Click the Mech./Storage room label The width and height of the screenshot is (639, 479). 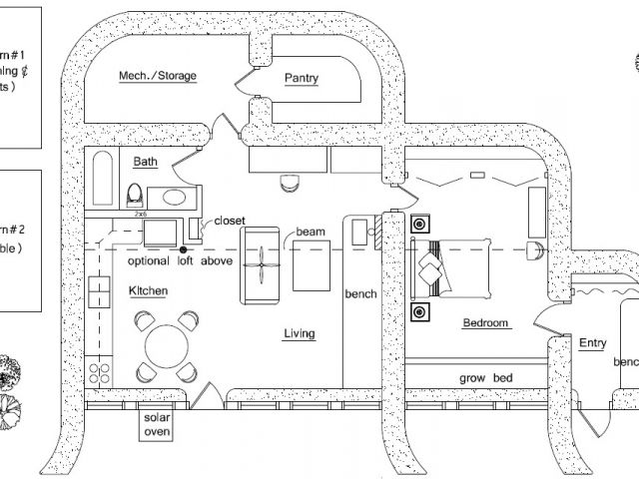click(x=158, y=76)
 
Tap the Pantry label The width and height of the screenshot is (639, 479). click(x=301, y=78)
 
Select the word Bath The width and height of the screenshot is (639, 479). click(x=145, y=160)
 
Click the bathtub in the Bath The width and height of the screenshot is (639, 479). click(x=103, y=181)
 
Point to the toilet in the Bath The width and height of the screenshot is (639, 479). click(x=136, y=192)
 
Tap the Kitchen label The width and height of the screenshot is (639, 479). click(x=148, y=290)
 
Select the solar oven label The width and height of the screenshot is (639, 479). click(x=157, y=425)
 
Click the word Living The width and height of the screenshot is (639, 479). click(x=299, y=333)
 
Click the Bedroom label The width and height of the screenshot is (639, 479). click(x=486, y=323)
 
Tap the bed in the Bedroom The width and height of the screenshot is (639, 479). click(x=454, y=266)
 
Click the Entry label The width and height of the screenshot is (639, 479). click(x=593, y=343)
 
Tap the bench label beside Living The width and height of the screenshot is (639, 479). click(x=359, y=294)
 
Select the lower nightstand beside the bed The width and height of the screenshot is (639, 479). click(x=420, y=312)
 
